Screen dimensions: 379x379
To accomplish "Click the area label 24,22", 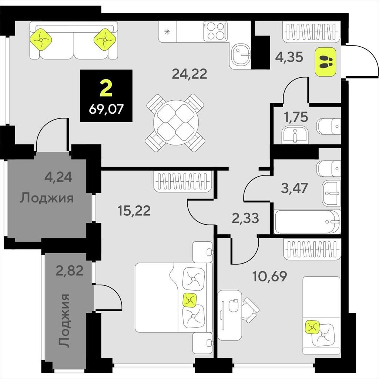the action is (x=189, y=74).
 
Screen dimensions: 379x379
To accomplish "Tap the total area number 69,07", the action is (x=106, y=109).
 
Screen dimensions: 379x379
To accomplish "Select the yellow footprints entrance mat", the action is (x=325, y=62).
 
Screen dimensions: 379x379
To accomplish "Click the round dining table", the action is (x=176, y=123).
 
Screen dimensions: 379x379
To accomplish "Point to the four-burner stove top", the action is (x=215, y=31).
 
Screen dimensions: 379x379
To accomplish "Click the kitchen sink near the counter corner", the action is (x=240, y=54).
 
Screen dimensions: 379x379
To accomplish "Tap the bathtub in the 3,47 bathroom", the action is (x=307, y=222).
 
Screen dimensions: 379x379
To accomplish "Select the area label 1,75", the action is (x=296, y=117).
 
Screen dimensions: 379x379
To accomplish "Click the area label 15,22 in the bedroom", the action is (x=134, y=210).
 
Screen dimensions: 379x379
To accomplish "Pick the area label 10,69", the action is (x=269, y=276).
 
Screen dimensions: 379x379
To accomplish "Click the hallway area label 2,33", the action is (x=245, y=218).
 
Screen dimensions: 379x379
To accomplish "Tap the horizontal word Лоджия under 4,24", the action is (x=47, y=198).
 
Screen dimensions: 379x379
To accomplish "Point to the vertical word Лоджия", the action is (x=64, y=321).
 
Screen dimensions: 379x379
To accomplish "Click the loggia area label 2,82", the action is (x=70, y=271).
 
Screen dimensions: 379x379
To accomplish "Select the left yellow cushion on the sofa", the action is (x=41, y=40).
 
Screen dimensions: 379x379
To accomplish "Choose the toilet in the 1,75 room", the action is (x=329, y=126).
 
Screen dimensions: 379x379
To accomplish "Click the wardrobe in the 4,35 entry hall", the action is (x=312, y=32).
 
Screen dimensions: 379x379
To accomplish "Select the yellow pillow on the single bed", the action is (x=312, y=327).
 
